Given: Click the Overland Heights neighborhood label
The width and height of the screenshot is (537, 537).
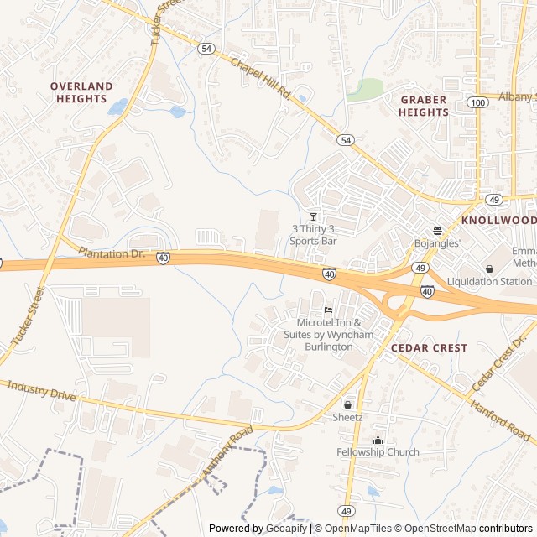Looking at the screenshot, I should click(x=81, y=92).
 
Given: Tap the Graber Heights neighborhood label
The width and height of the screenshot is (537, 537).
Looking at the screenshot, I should click(x=423, y=106).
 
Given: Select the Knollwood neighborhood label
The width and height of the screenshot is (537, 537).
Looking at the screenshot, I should click(x=498, y=220).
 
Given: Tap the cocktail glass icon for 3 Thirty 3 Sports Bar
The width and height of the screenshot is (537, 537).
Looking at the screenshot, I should click(x=314, y=216).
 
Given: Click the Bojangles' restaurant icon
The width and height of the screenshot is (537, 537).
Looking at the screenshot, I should click(x=437, y=231).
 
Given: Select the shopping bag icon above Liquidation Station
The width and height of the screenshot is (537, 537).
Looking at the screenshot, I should click(x=489, y=268).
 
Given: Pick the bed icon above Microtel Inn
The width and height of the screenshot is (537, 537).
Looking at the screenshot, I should click(x=328, y=310).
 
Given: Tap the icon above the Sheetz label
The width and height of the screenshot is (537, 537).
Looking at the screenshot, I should click(x=347, y=404).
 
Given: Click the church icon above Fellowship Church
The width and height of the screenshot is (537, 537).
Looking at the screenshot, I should click(x=378, y=440).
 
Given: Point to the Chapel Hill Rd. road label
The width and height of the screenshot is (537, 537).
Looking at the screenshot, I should click(x=260, y=78).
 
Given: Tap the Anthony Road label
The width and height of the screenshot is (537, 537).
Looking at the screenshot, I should click(x=227, y=454).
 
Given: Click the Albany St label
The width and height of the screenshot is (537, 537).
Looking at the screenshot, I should click(x=515, y=97).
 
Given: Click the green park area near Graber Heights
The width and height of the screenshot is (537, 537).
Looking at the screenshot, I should click(x=365, y=90).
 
